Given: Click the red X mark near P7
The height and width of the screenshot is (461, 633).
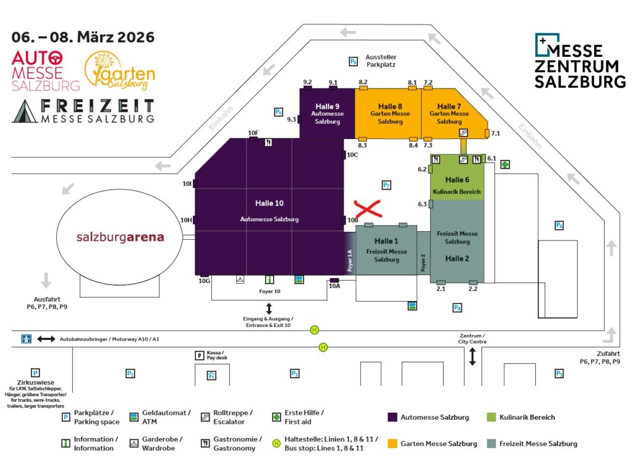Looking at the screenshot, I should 368,209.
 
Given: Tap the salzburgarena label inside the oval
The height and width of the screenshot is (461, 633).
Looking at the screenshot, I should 121,237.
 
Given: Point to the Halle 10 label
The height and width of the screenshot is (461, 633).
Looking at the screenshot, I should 269,203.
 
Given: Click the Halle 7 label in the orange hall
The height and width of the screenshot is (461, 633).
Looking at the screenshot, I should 449,106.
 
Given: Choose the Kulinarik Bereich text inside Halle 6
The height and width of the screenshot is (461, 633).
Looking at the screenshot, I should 457,192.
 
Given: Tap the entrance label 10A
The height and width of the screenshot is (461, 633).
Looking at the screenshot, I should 334,285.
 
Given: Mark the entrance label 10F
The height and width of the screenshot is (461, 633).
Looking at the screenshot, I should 253,133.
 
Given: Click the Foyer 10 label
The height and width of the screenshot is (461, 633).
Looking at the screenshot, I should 269,291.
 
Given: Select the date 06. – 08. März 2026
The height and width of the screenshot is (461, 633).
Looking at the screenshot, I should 83,37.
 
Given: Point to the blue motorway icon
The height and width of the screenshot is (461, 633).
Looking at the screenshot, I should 27,339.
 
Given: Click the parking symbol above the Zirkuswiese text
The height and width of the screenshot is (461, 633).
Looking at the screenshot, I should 35,373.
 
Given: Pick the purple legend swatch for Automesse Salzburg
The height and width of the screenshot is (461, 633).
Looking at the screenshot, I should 392,417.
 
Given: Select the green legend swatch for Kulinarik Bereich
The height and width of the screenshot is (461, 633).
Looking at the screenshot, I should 491,417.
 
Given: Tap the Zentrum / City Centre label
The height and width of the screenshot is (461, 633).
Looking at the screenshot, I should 472,338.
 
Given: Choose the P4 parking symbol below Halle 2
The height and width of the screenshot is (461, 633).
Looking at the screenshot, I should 457,307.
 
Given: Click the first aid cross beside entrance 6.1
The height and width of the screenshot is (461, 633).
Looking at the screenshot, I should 505,164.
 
